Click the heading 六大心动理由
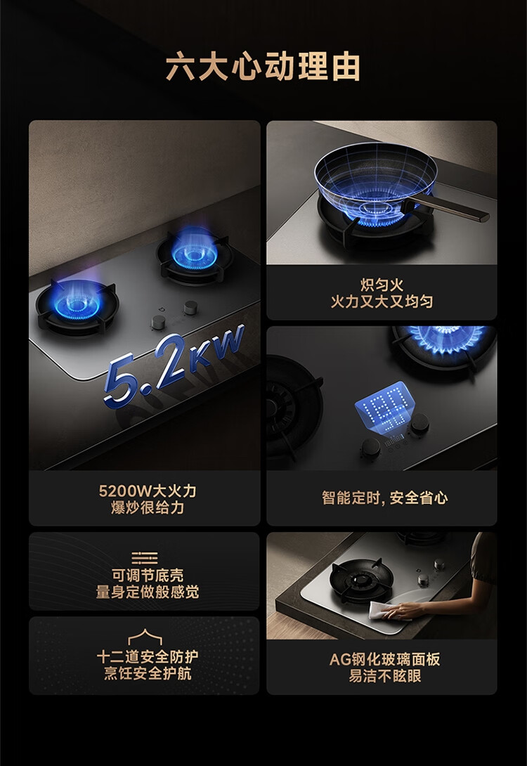[263, 67]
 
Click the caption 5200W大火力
[148, 491]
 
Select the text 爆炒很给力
[148, 507]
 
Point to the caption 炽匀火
[382, 285]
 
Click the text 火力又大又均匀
[382, 301]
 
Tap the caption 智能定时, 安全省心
[384, 498]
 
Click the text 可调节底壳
[148, 575]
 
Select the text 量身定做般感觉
[148, 592]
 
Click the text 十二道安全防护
[148, 656]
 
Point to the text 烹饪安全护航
[148, 673]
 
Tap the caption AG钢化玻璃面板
[384, 659]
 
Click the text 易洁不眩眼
[384, 676]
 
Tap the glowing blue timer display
[385, 405]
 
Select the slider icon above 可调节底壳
[145, 557]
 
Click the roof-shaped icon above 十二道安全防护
[145, 637]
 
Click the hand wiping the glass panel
[405, 611]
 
